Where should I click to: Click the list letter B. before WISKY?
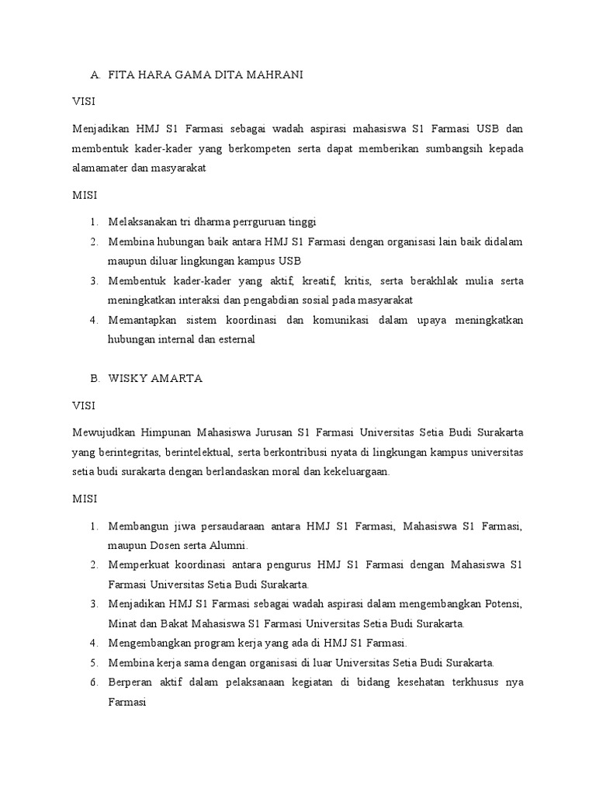[x=95, y=378]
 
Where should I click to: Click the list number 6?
[x=93, y=682]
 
